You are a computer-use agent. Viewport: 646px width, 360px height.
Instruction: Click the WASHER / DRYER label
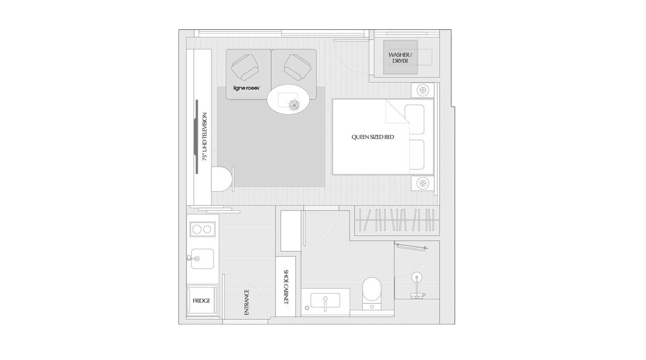click(x=400, y=58)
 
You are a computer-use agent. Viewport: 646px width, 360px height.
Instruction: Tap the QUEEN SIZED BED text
click(x=373, y=137)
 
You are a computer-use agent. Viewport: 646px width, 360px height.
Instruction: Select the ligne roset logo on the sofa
click(x=247, y=88)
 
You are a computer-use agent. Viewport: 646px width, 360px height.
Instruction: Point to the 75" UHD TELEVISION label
click(x=205, y=137)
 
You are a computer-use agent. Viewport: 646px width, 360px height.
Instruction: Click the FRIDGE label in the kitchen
click(x=201, y=301)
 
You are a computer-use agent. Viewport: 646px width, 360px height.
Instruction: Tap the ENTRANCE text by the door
click(x=247, y=302)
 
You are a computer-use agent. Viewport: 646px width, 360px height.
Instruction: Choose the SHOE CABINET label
click(x=286, y=287)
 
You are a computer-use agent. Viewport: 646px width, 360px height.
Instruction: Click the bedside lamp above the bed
click(x=423, y=90)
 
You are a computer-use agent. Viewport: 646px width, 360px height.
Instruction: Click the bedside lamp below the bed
click(x=423, y=183)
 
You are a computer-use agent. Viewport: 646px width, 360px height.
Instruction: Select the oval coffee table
click(x=288, y=99)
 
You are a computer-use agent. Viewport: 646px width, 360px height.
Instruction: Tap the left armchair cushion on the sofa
click(x=244, y=67)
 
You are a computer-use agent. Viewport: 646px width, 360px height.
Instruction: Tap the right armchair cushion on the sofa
click(x=297, y=67)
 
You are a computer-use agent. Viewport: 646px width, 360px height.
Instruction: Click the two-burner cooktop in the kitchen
click(x=202, y=229)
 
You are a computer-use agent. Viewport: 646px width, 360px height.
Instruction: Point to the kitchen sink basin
click(x=203, y=259)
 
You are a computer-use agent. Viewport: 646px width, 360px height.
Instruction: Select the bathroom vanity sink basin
click(x=325, y=301)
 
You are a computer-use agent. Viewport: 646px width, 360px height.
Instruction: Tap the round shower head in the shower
click(x=417, y=277)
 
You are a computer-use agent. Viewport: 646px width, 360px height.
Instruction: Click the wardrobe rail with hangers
click(x=397, y=220)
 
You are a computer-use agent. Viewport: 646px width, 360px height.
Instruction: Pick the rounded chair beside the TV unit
click(x=222, y=179)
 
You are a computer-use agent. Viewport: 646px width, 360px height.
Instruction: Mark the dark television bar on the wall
click(x=197, y=137)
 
